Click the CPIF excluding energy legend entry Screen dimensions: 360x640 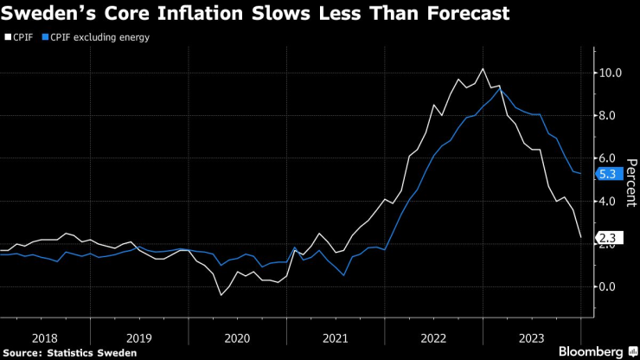point(97,37)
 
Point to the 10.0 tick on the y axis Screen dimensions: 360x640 point(611,73)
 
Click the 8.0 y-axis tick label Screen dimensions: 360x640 point(611,116)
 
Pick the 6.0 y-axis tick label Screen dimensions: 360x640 point(611,158)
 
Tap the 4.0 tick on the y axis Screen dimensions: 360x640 point(611,202)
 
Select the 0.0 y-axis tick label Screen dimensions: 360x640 point(611,287)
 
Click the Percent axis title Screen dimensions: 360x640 point(631,183)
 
